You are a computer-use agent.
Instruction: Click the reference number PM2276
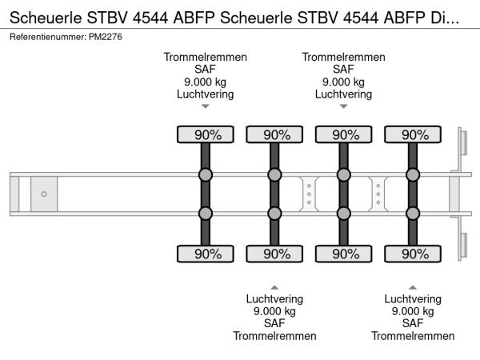(x=106, y=38)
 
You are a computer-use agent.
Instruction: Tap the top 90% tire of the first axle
(x=205, y=134)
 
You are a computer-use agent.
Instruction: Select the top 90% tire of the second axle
(x=274, y=134)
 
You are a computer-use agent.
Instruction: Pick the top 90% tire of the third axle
(x=344, y=134)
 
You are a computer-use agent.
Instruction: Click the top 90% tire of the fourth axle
(x=413, y=134)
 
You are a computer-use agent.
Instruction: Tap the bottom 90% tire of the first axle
(x=205, y=254)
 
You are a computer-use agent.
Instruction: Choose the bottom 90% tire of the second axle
(x=274, y=254)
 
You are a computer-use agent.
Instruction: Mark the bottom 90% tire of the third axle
(x=344, y=254)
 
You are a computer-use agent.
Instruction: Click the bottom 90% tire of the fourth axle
(x=413, y=254)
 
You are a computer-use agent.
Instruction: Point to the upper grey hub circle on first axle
(x=205, y=175)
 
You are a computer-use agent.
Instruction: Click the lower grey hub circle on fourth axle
(x=413, y=213)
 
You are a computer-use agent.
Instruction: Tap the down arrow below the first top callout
(x=205, y=106)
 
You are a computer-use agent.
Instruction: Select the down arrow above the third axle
(x=344, y=106)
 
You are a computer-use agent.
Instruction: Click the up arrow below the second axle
(x=274, y=286)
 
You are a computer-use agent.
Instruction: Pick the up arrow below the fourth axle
(x=413, y=286)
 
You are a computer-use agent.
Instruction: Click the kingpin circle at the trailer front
(x=44, y=194)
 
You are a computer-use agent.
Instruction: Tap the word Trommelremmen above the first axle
(x=205, y=57)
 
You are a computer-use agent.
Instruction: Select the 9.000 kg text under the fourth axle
(x=413, y=311)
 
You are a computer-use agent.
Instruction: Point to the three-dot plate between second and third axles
(x=309, y=194)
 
